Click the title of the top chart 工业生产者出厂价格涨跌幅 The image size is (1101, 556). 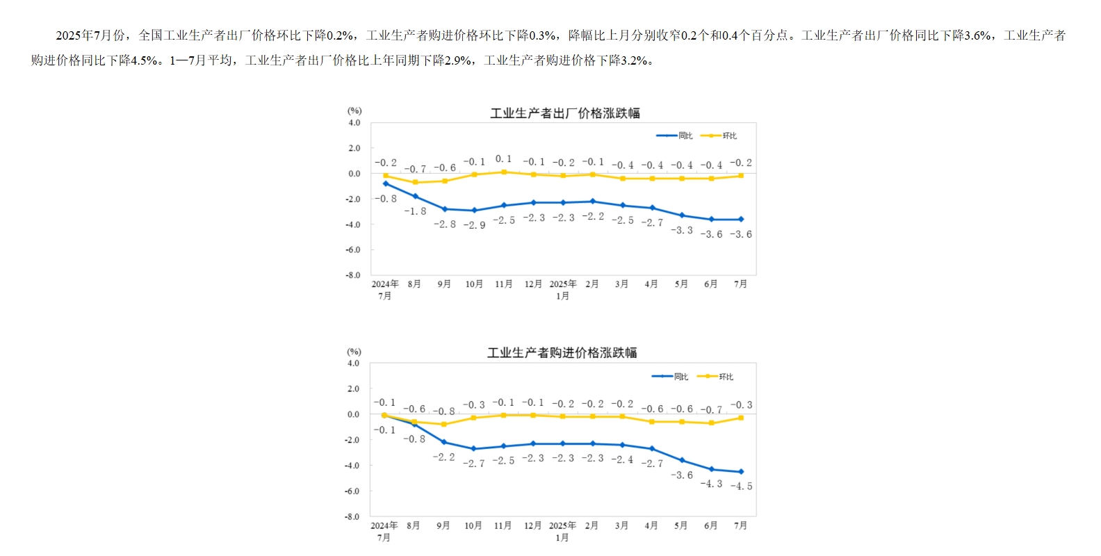point(564,113)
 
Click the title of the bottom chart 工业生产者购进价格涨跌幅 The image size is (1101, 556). point(562,353)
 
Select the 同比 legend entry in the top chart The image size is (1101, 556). point(675,136)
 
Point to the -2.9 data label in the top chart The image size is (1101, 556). point(474,225)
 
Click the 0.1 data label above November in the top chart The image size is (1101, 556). point(503,159)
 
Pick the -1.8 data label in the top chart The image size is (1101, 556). point(415,211)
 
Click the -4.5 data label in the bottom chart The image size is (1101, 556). point(741,486)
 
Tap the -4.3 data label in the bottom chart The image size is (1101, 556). point(711,484)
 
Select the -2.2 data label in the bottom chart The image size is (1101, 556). point(443,457)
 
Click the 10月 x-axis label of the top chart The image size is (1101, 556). point(474,284)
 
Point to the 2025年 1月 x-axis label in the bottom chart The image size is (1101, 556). point(562,531)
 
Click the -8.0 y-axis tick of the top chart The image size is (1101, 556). point(354,275)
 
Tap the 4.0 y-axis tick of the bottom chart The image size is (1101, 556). point(354,363)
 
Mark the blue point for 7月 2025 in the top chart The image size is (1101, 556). point(741,220)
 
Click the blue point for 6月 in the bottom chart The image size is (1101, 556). point(711,469)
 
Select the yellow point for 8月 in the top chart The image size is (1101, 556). point(416,183)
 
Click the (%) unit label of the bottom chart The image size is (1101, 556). point(354,352)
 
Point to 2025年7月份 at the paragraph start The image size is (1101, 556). point(90,35)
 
